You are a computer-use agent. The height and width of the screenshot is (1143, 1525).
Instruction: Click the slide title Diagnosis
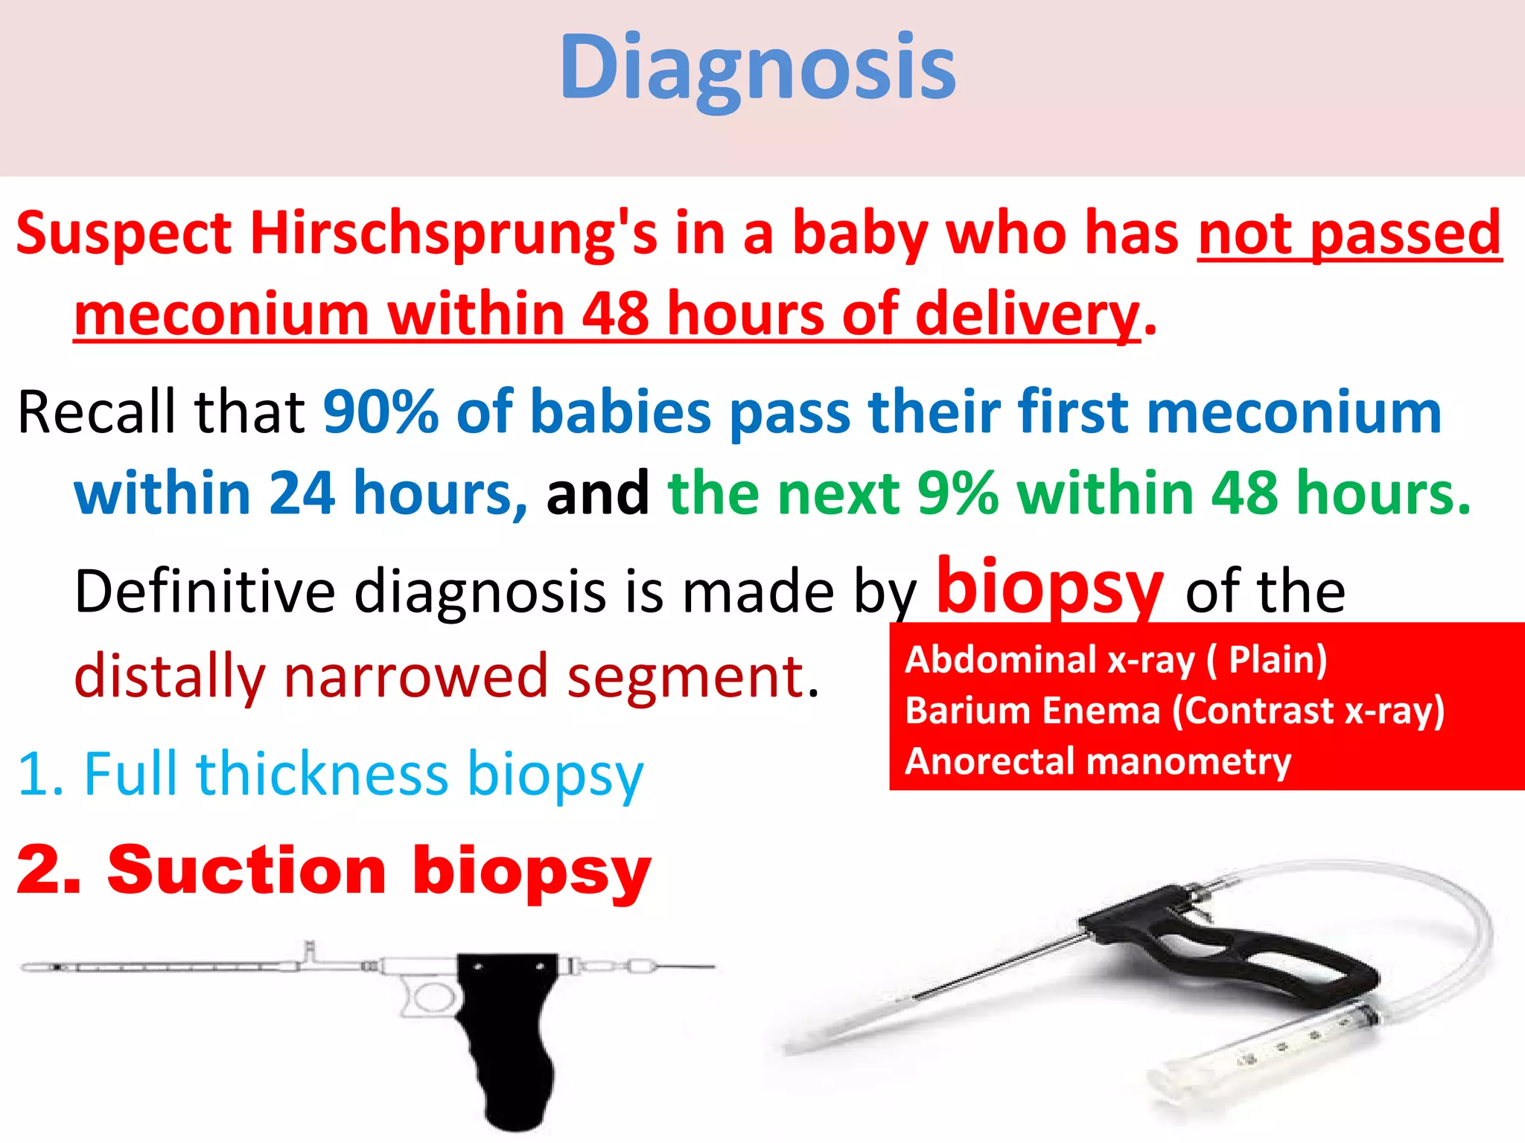pos(757,68)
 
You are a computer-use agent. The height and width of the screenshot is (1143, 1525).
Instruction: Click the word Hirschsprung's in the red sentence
pos(453,234)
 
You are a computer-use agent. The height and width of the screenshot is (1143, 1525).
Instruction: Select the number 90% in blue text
pos(381,412)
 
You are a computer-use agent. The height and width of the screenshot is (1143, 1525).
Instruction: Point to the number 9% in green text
pos(958,493)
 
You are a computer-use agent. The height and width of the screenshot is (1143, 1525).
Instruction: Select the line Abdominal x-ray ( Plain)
pos(1115,659)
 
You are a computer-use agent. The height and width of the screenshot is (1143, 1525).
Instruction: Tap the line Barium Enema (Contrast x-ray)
pos(1174,710)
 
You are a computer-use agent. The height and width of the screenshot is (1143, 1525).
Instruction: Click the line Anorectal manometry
pos(1098,761)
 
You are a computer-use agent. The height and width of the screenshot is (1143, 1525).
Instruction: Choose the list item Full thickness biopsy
pos(330,774)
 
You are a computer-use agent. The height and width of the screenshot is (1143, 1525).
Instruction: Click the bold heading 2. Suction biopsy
pos(333,871)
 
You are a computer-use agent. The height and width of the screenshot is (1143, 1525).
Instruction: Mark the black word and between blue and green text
pos(597,493)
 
